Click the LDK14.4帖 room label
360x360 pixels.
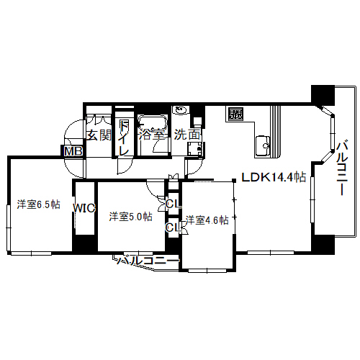(274, 177)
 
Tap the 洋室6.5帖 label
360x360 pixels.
(38, 204)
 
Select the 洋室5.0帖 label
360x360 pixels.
(130, 217)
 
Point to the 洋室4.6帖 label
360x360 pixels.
(207, 220)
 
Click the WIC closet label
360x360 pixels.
(84, 208)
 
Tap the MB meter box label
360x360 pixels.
(73, 151)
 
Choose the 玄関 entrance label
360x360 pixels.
(99, 135)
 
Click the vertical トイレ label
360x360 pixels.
(124, 138)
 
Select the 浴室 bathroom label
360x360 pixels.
(152, 135)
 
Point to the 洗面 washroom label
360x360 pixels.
(187, 135)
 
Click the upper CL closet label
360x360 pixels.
(174, 204)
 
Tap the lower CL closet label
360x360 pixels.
(174, 227)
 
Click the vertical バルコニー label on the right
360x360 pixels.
(342, 168)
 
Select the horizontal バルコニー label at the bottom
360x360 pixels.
(148, 261)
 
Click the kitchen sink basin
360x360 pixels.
(263, 146)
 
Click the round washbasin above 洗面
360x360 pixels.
(181, 110)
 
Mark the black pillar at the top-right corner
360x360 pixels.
(323, 95)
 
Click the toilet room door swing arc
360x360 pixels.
(127, 168)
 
